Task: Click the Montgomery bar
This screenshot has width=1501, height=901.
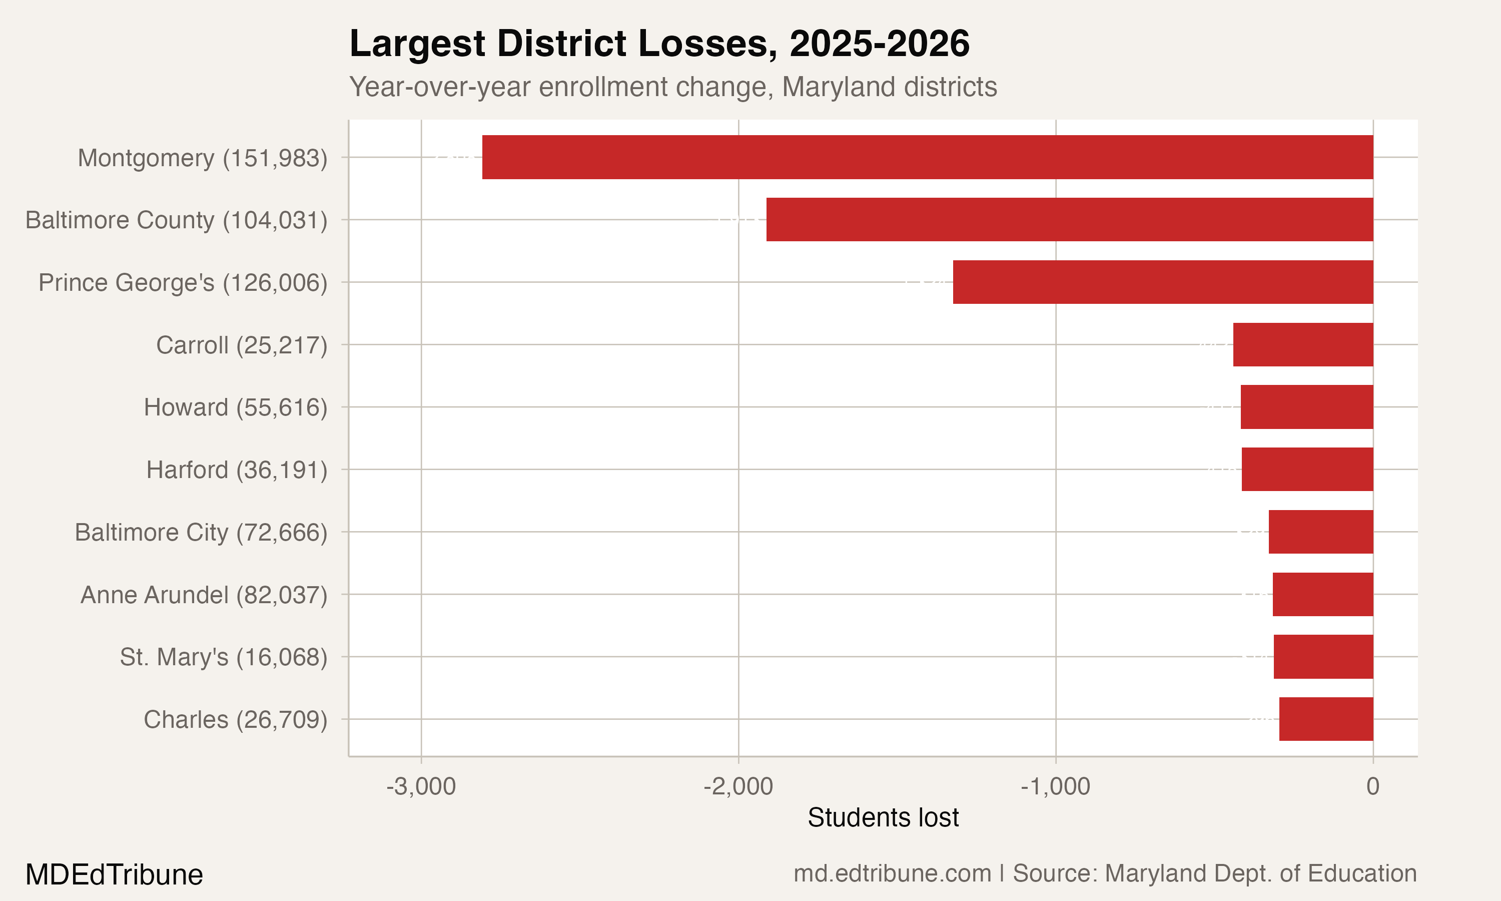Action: (927, 157)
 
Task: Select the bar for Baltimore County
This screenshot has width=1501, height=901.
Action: (1069, 220)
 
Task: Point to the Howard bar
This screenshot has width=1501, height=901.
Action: (1306, 407)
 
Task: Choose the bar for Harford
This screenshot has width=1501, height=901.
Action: (1307, 470)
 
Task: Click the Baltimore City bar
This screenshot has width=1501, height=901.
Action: (1320, 532)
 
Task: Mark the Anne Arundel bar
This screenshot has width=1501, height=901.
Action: (1322, 594)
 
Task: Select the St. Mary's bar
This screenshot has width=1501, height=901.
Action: (1323, 657)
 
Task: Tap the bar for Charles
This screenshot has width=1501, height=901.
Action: (1326, 719)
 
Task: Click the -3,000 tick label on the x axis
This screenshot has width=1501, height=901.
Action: (421, 787)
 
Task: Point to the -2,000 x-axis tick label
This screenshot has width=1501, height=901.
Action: (738, 787)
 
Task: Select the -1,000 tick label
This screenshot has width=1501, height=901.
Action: (1055, 787)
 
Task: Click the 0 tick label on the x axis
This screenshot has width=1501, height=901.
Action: (1372, 787)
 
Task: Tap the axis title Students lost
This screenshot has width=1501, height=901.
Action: (883, 818)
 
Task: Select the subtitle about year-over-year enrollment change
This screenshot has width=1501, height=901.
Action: (673, 87)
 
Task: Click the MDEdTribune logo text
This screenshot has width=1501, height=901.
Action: (114, 875)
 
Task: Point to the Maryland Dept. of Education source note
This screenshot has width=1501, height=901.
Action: (1215, 873)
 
